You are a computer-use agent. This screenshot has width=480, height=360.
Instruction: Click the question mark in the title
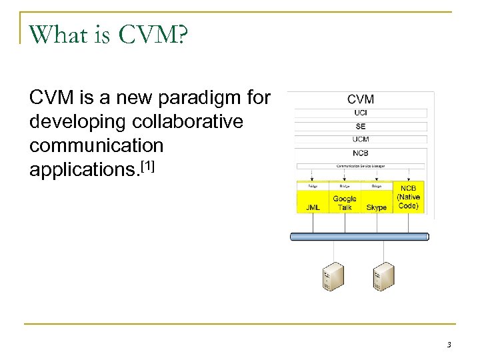tap(181, 35)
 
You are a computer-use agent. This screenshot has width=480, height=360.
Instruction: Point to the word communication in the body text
tap(96, 145)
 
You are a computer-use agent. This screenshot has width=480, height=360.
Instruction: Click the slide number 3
tap(449, 345)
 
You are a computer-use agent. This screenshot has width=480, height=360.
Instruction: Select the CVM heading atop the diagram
tap(361, 99)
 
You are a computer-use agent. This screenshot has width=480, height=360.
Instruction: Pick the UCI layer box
tap(361, 113)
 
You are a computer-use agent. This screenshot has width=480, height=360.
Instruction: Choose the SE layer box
tap(361, 126)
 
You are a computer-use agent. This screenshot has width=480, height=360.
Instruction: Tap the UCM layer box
tap(361, 139)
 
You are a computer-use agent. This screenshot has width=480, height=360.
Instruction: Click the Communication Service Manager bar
tap(361, 166)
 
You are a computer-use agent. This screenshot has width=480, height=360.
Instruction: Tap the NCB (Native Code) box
tap(408, 197)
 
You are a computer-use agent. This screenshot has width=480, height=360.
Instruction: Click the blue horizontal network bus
tap(359, 237)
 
